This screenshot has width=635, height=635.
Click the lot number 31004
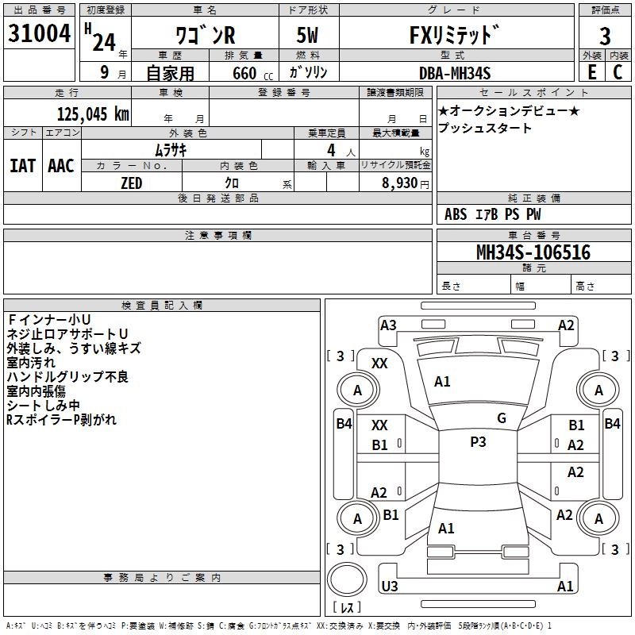pos(39,35)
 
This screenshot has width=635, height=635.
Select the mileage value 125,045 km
pos(93,114)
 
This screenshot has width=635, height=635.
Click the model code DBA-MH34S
pos(455,73)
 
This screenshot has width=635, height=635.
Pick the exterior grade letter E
pos(591,72)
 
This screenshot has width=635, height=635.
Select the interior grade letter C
pos(618,72)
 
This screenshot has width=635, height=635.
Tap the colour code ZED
pos(131,183)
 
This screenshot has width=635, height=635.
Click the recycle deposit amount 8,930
pos(401,183)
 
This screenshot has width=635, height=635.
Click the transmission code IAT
pos(22,166)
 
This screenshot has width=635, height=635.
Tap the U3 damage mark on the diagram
pos(389,587)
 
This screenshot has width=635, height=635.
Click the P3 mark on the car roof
pos(478,442)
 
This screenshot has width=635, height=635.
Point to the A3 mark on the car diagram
pos(388,325)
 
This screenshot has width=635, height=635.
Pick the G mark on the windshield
pos(502,418)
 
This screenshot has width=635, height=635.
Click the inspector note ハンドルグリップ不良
pos(67,377)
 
